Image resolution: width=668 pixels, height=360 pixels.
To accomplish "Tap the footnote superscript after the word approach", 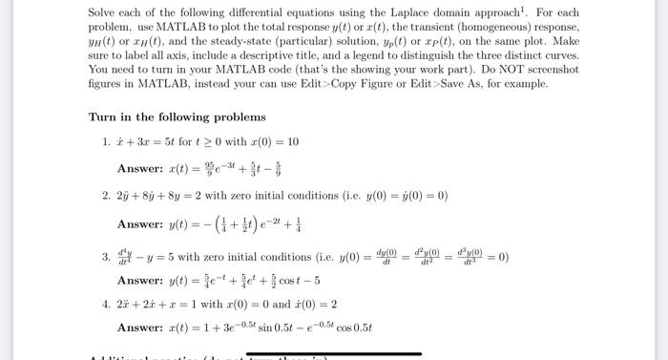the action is tap(542, 9).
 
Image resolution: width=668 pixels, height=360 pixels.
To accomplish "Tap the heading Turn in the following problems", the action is tap(177, 116).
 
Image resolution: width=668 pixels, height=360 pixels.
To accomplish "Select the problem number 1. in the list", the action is tap(108, 141).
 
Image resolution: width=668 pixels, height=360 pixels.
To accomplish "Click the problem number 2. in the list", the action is tap(108, 195).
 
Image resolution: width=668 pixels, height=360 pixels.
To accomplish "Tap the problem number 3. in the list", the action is tap(108, 256).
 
